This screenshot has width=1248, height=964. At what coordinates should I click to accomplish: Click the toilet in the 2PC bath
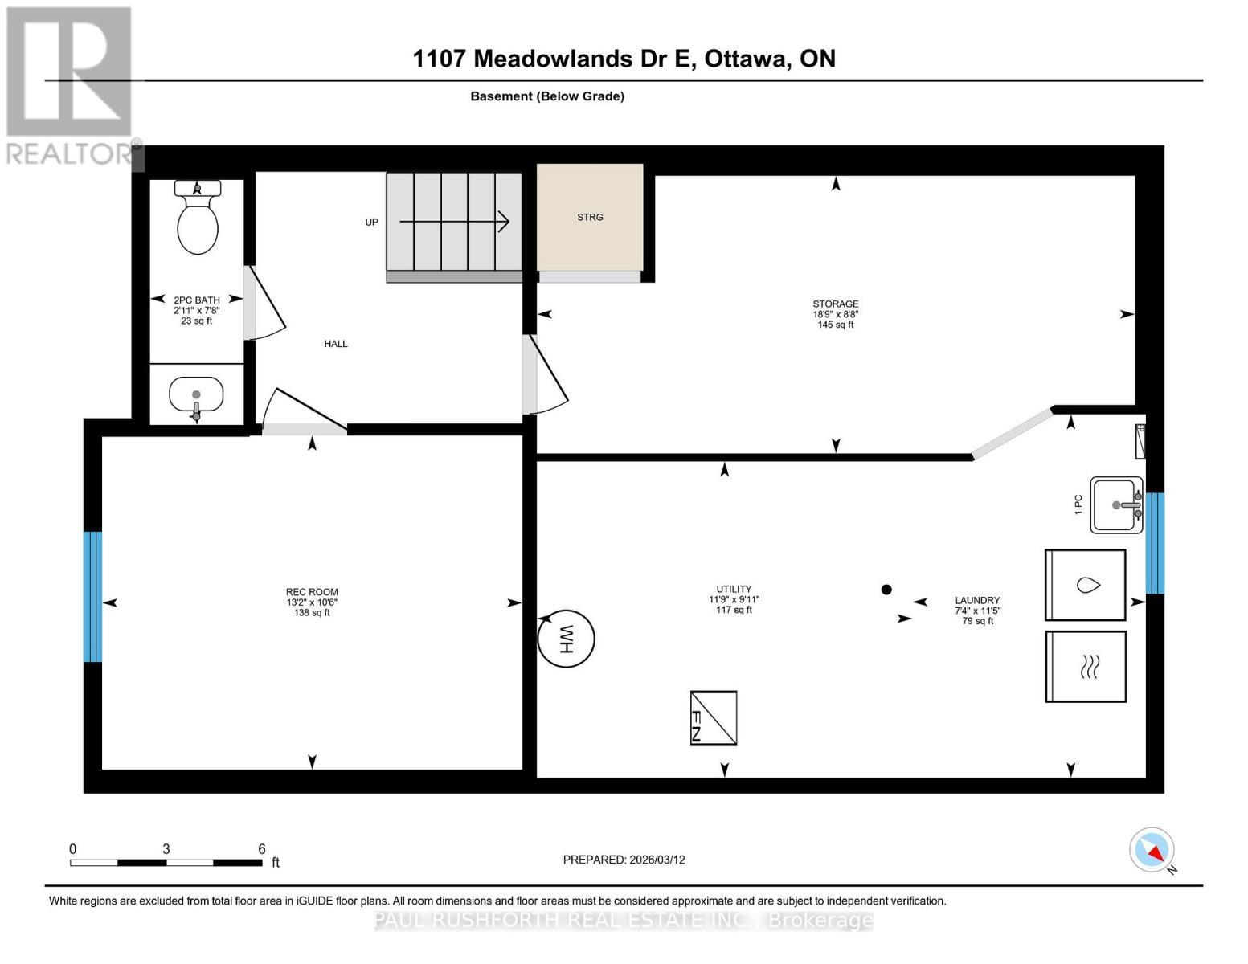(197, 219)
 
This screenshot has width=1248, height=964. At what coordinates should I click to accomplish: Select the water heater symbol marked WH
(566, 639)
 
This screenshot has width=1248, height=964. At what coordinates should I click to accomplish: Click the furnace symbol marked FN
(714, 717)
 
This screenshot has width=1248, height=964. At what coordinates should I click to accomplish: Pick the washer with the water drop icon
(1085, 585)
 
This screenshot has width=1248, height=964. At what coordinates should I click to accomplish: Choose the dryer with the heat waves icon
(1085, 666)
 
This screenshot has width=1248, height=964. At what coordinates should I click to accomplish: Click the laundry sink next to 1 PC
(1116, 504)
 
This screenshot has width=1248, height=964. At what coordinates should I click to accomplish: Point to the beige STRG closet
(590, 217)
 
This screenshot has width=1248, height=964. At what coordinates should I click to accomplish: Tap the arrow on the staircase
(455, 221)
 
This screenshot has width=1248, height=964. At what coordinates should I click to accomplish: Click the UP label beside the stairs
(371, 222)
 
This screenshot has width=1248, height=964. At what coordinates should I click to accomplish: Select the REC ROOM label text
(312, 592)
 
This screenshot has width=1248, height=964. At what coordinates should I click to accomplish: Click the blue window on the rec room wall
(93, 596)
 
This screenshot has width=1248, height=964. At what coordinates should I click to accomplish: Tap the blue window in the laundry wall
(1154, 543)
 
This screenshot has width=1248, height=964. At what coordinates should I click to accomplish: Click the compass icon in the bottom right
(1152, 850)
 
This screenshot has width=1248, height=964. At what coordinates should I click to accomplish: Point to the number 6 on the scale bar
(262, 848)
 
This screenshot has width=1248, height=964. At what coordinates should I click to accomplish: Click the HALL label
(336, 344)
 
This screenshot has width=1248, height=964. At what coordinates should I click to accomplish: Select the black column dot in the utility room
(886, 589)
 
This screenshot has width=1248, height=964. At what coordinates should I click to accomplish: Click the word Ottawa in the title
(746, 59)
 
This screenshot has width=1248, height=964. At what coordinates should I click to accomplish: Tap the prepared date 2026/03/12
(657, 860)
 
